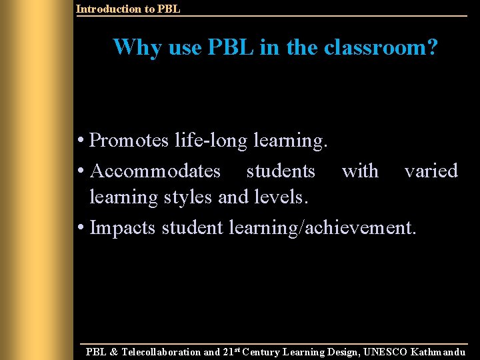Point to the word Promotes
[x=129, y=141]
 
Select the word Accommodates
[x=155, y=171]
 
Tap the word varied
[x=431, y=171]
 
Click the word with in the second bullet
[x=360, y=171]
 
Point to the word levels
[x=281, y=197]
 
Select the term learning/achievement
[x=323, y=227]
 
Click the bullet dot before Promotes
[x=80, y=141]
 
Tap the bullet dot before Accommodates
[x=80, y=171]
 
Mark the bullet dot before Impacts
[x=80, y=228]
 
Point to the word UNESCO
[x=385, y=352]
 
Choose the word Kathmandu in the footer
[x=439, y=352]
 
